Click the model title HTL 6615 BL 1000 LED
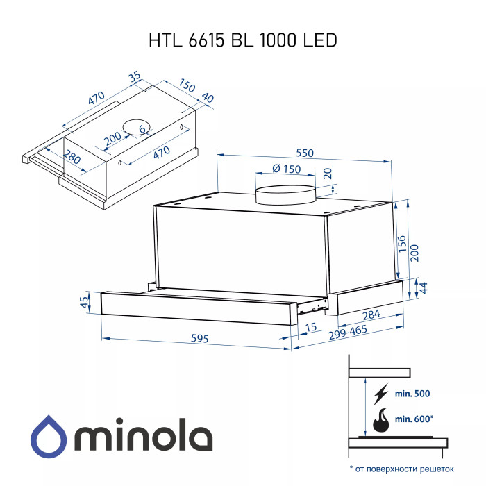tap(243, 40)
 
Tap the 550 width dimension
tap(305, 153)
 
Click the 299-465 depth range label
tap(348, 332)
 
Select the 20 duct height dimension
tap(328, 173)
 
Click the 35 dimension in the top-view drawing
tap(135, 76)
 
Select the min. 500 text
tap(412, 394)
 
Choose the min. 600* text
tap(414, 419)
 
